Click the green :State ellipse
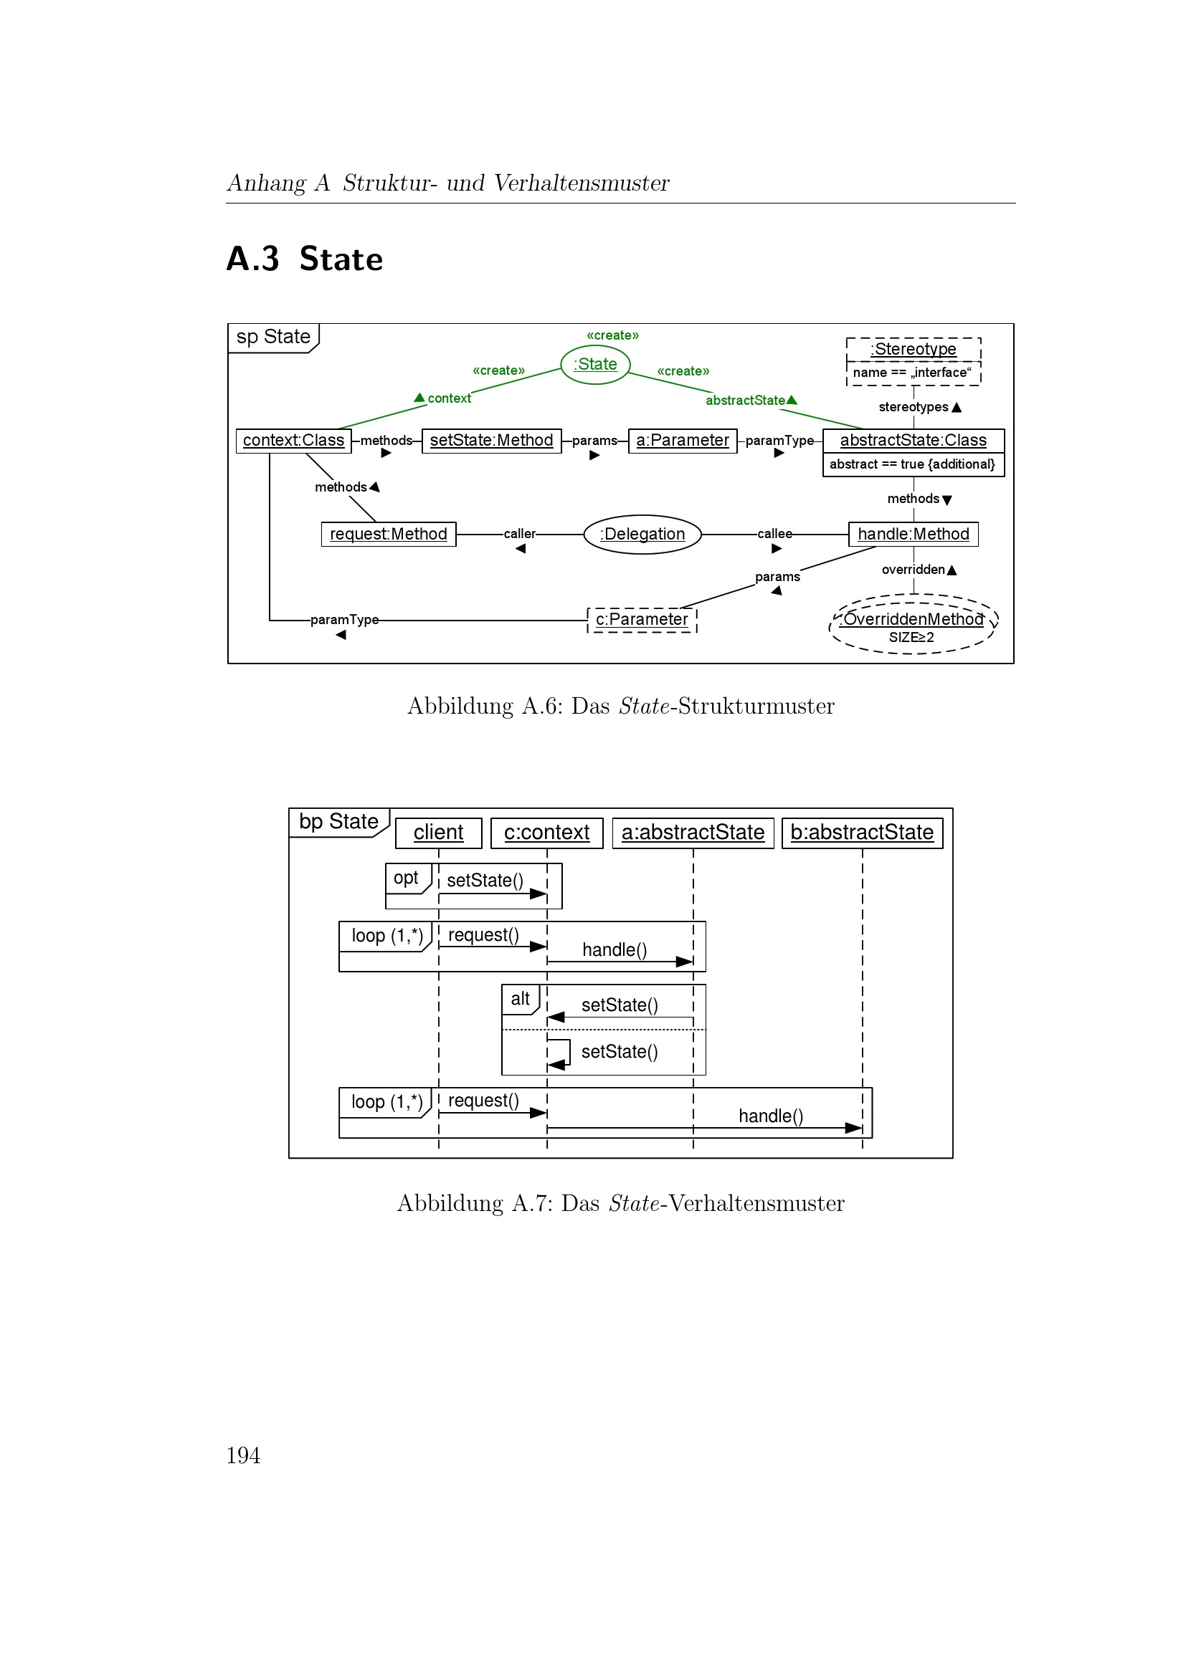pyautogui.click(x=595, y=364)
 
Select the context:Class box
pyautogui.click(x=293, y=441)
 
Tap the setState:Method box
pyautogui.click(x=491, y=441)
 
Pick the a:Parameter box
pyautogui.click(x=682, y=441)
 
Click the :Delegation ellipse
pyautogui.click(x=642, y=535)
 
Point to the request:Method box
pyautogui.click(x=389, y=535)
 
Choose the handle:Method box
pyautogui.click(x=913, y=535)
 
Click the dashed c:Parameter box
pyautogui.click(x=642, y=620)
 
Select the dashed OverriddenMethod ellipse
pyautogui.click(x=913, y=624)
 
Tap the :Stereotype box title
pyautogui.click(x=913, y=350)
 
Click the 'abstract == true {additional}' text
pyautogui.click(x=913, y=464)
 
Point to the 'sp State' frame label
pyautogui.click(x=273, y=337)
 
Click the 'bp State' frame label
pyautogui.click(x=338, y=822)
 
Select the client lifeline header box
pyautogui.click(x=438, y=833)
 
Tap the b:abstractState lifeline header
pyautogui.click(x=862, y=833)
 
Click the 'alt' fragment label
pyautogui.click(x=520, y=999)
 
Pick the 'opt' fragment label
pyautogui.click(x=406, y=878)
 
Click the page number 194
pyautogui.click(x=243, y=1455)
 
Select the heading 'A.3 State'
pyautogui.click(x=305, y=259)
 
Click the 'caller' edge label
pyautogui.click(x=519, y=535)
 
